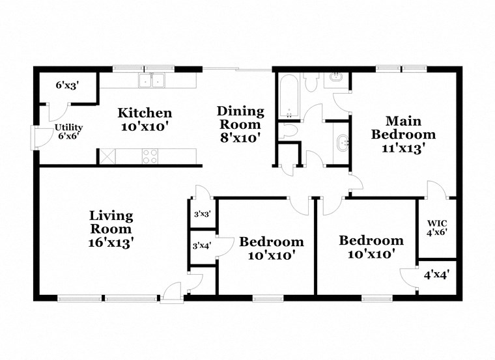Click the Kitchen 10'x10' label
click(145, 119)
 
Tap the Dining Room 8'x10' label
click(240, 124)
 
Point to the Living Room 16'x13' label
click(111, 228)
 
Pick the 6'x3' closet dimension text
click(66, 85)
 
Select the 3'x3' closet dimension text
click(201, 214)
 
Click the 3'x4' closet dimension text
click(201, 245)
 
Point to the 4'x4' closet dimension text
click(436, 275)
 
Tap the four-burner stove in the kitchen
click(150, 156)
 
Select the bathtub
click(289, 96)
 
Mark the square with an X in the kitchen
click(106, 156)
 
